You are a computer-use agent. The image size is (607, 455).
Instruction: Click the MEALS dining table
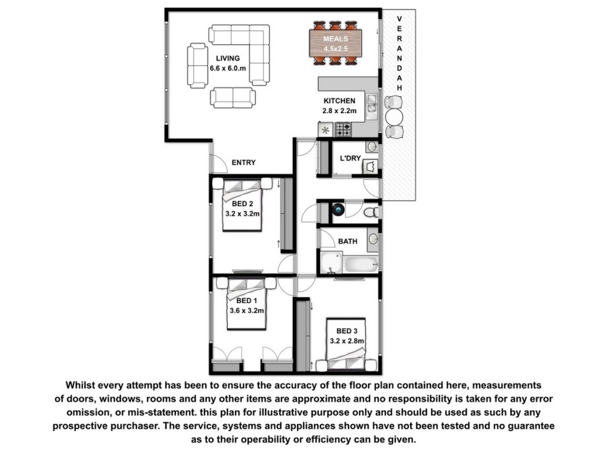click(336, 43)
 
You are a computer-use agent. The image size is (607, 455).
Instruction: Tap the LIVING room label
click(228, 59)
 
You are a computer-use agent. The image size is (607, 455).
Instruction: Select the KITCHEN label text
click(340, 101)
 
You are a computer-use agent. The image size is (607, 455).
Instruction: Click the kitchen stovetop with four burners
click(343, 129)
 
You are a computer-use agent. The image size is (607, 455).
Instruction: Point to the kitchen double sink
click(372, 107)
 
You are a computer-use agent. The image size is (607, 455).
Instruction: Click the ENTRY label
click(244, 162)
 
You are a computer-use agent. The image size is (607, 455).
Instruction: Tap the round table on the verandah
click(394, 117)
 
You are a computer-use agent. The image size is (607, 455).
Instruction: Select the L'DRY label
click(350, 158)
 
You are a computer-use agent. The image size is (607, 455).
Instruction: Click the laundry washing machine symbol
click(370, 166)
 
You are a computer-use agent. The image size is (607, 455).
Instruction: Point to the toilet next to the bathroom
click(371, 212)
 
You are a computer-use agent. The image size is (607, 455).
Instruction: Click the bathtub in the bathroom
click(361, 264)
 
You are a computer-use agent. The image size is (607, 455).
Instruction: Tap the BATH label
click(347, 242)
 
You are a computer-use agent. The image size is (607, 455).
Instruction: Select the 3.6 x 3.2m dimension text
click(247, 310)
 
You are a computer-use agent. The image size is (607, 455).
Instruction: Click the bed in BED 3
click(346, 345)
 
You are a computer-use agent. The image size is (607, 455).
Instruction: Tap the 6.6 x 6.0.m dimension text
click(228, 69)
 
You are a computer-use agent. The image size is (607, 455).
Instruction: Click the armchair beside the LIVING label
click(197, 66)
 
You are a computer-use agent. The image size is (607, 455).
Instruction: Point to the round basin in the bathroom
click(373, 239)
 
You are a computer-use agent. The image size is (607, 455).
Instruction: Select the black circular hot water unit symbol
click(338, 210)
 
